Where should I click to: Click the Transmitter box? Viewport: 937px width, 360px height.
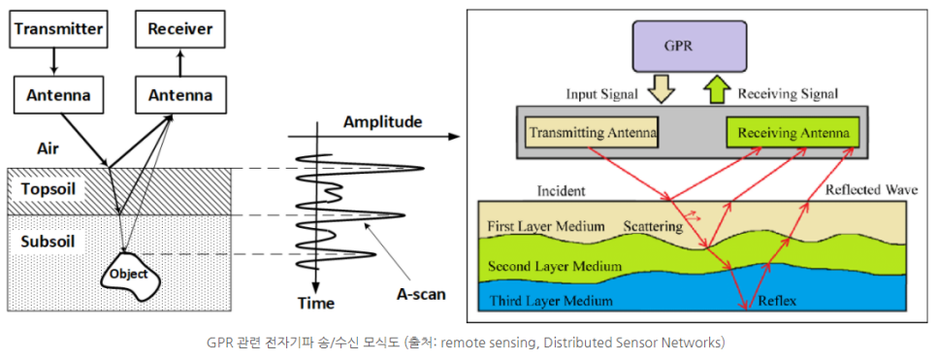[x=58, y=29]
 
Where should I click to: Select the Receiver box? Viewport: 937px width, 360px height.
[x=179, y=29]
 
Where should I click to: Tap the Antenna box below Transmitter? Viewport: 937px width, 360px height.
[x=58, y=95]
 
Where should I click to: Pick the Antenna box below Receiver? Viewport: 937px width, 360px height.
[x=179, y=95]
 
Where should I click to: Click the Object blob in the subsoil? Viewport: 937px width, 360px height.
[x=129, y=275]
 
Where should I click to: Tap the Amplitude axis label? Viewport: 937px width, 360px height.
[x=382, y=122]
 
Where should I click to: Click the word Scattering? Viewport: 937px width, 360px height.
[x=652, y=224]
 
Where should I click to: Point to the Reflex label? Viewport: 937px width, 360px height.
[x=777, y=301]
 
